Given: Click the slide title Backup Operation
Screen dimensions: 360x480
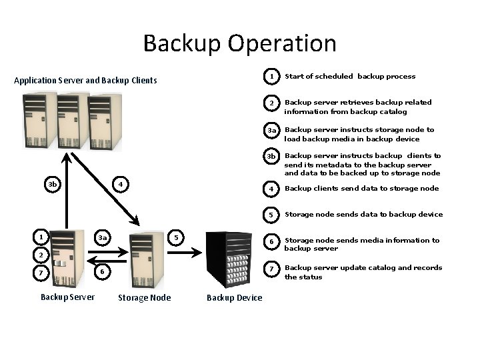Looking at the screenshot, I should pyautogui.click(x=239, y=43).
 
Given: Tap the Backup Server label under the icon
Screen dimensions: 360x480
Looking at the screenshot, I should pyautogui.click(x=67, y=297).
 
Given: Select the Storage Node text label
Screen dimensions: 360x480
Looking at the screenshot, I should pyautogui.click(x=144, y=297).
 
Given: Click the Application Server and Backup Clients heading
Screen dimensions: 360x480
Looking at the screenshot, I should pyautogui.click(x=85, y=81).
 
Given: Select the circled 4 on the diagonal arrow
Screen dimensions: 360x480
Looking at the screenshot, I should pyautogui.click(x=119, y=184).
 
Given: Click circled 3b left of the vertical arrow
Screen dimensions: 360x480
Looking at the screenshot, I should pyautogui.click(x=52, y=184).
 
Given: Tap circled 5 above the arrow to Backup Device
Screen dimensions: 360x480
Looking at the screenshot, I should pyautogui.click(x=175, y=237).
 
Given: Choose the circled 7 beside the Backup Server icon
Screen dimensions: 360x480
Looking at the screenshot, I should pyautogui.click(x=41, y=273).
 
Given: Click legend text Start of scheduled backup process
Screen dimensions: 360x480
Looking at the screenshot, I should pyautogui.click(x=350, y=77).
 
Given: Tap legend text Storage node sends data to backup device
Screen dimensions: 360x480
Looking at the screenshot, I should pyautogui.click(x=363, y=215).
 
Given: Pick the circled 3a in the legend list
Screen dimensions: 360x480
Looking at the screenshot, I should pyautogui.click(x=271, y=131).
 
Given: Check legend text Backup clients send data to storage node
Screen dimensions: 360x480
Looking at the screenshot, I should pyautogui.click(x=361, y=189).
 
